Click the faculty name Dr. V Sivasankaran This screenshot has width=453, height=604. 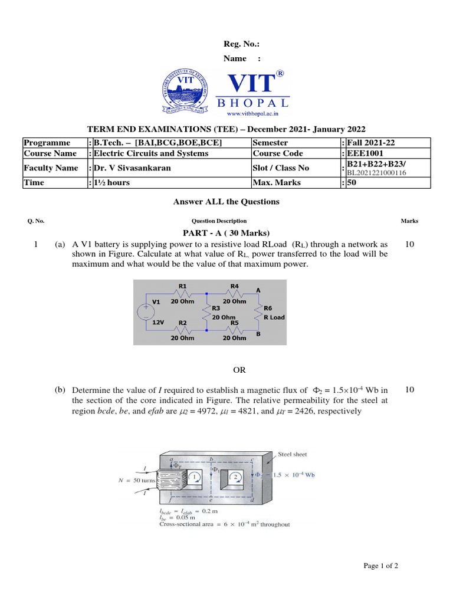coord(133,168)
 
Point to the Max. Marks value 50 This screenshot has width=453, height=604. coord(352,183)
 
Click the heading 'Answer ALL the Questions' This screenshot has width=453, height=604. coord(226,202)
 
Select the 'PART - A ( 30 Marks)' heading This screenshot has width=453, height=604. coord(226,234)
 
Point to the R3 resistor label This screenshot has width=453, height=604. coord(216,308)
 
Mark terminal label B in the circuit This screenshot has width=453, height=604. coord(257,334)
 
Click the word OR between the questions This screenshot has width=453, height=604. coord(239,370)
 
